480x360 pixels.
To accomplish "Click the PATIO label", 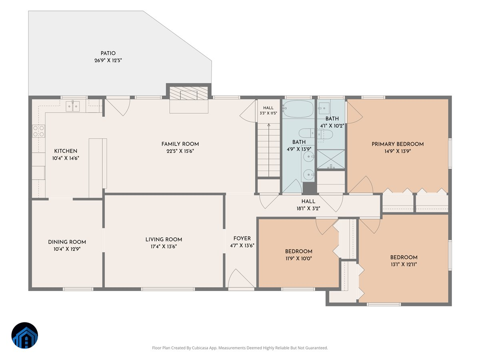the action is click(108, 53).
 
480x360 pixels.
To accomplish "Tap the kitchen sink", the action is click(73, 106).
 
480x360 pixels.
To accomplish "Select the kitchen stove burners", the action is click(38, 131).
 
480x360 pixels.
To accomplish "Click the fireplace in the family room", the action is click(189, 93).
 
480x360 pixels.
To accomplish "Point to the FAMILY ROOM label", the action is click(180, 144).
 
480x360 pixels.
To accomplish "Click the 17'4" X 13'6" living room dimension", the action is click(164, 246).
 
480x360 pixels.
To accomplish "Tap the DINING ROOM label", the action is click(67, 242).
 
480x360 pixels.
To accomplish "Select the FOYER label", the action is click(242, 238).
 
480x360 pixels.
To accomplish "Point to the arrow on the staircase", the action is click(269, 150).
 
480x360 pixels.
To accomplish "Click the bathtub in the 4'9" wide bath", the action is click(298, 109).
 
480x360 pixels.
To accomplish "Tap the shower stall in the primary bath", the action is click(331, 159).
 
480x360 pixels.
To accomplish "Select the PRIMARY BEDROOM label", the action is click(398, 144).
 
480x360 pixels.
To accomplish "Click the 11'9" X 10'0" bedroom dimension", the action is click(298, 258).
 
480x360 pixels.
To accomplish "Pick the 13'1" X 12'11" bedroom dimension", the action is click(404, 264).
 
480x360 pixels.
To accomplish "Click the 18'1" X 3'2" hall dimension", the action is click(308, 208).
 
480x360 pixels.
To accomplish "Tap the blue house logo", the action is click(25, 335).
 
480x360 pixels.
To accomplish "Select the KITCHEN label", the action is click(66, 151).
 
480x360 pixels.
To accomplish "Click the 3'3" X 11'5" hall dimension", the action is click(268, 113).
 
